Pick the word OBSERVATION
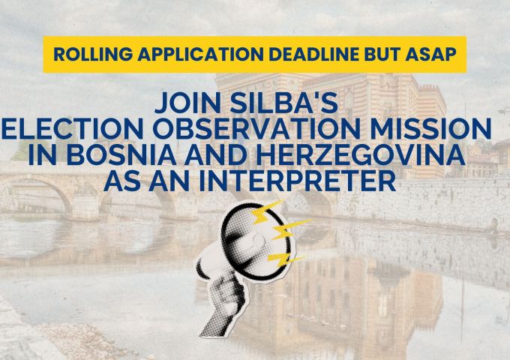pos(257,129)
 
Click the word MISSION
pos(431,129)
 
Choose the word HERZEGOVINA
pos(360,154)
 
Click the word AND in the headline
pos(216,154)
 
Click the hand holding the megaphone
pos(223,306)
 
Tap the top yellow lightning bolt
pos(267,213)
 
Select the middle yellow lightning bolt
pos(289,229)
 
